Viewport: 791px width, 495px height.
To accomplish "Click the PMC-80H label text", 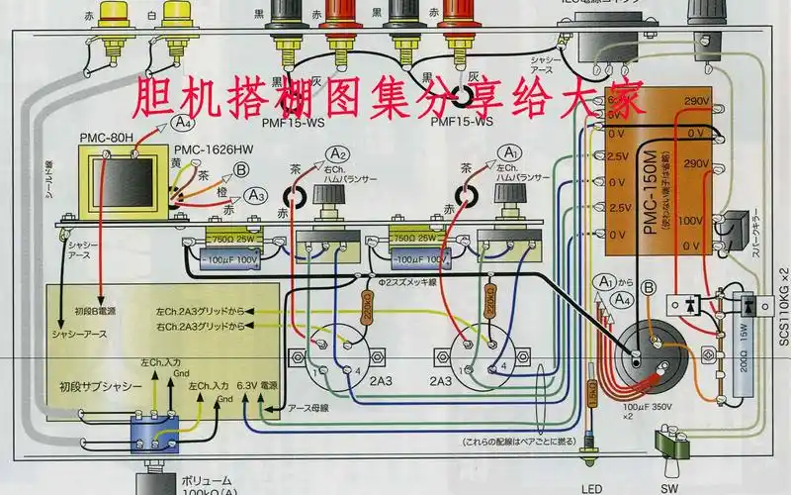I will point(109,139).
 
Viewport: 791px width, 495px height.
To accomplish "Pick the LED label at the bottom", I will point(592,488).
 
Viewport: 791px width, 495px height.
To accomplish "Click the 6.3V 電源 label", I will point(261,385).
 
